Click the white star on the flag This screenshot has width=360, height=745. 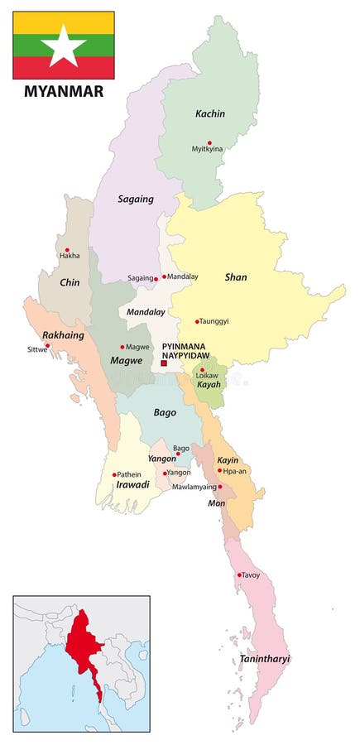click(x=63, y=46)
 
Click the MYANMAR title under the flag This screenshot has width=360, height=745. click(x=63, y=91)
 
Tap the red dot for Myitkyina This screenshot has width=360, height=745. click(x=209, y=142)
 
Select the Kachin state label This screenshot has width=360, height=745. click(x=210, y=113)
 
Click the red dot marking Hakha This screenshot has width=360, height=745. click(x=67, y=250)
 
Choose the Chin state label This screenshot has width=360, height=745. click(x=70, y=282)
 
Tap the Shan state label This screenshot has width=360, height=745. click(x=236, y=277)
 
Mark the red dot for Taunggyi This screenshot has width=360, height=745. click(x=197, y=321)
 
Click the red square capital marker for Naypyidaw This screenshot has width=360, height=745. click(x=164, y=362)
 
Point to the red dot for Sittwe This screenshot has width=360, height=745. click(x=47, y=345)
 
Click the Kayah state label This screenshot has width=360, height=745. click(x=209, y=385)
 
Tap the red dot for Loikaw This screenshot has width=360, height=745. click(x=202, y=370)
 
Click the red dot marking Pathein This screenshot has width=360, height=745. click(x=114, y=474)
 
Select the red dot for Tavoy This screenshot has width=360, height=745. click(x=239, y=574)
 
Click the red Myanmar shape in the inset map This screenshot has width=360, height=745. click(x=84, y=646)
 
